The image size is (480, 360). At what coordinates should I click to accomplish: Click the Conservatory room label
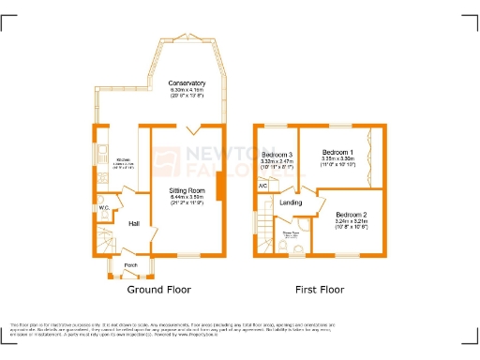pyautogui.click(x=187, y=83)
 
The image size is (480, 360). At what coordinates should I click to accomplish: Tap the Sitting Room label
pyautogui.click(x=187, y=191)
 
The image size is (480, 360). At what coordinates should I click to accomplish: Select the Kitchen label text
pyautogui.click(x=123, y=160)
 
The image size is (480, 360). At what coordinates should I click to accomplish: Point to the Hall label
pyautogui.click(x=134, y=223)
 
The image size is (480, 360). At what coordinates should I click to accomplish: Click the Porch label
pyautogui.click(x=130, y=264)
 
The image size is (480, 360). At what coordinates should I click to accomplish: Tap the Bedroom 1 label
pyautogui.click(x=337, y=152)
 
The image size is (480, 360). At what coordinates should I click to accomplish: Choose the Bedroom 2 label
pyautogui.click(x=352, y=216)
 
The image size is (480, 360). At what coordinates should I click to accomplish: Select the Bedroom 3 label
pyautogui.click(x=277, y=154)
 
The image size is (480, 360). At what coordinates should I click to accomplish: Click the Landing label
pyautogui.click(x=291, y=202)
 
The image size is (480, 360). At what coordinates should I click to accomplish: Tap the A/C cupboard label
pyautogui.click(x=262, y=187)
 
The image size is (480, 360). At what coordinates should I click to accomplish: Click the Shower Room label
pyautogui.click(x=291, y=233)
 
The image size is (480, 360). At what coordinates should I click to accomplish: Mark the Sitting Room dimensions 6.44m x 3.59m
pyautogui.click(x=187, y=198)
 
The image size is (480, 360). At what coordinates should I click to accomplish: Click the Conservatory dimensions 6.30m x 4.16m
pyautogui.click(x=187, y=90)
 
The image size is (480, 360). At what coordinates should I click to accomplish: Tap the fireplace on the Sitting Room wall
pyautogui.click(x=219, y=188)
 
